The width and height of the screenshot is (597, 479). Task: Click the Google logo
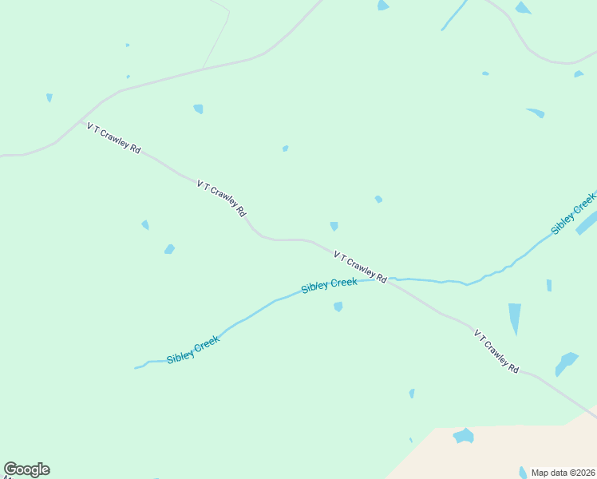pos(26,469)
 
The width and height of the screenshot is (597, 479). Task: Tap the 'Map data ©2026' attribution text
pos(563,472)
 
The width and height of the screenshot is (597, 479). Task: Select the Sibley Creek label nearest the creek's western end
pos(192,350)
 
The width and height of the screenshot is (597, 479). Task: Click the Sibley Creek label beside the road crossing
pos(329,285)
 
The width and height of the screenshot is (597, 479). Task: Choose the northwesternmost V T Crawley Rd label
pos(114,138)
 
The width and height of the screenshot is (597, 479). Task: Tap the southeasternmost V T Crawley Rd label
pos(496,351)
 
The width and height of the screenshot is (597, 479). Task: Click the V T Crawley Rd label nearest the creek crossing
pos(360,267)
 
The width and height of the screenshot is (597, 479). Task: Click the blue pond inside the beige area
pos(463,436)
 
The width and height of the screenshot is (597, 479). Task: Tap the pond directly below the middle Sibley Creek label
pos(338,307)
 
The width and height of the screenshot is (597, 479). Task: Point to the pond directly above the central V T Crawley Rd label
pos(334,226)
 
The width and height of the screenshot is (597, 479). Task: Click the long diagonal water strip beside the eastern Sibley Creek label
pos(586,223)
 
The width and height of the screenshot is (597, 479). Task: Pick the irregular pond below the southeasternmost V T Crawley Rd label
pos(567,363)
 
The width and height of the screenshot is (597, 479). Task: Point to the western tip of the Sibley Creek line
pos(136,368)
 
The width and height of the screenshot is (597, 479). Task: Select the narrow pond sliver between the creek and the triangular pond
pos(549,285)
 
